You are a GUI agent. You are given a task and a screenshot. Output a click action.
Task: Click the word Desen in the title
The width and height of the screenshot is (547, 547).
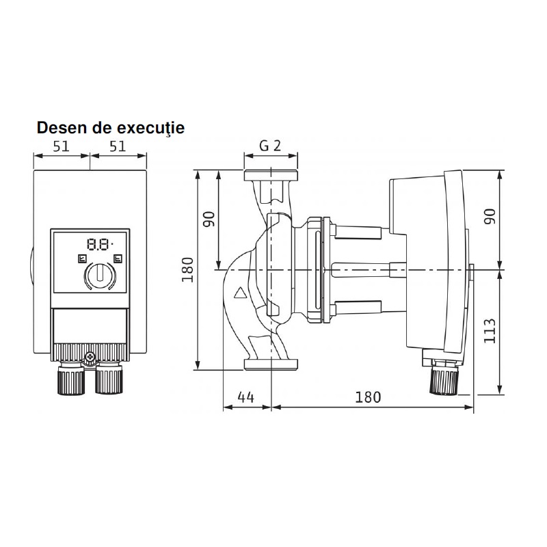[x=62, y=128]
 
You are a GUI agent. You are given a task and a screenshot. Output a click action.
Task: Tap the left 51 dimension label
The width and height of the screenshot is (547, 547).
[x=62, y=146]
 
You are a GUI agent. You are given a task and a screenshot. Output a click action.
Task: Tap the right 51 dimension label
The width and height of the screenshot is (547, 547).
[x=118, y=146]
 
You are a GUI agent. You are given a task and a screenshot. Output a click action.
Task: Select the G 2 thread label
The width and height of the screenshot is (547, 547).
[x=270, y=146]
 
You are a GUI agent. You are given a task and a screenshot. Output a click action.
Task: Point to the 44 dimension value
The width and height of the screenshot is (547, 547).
[x=246, y=397]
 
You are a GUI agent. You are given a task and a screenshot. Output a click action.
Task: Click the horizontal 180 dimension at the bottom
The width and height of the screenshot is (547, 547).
[x=368, y=397]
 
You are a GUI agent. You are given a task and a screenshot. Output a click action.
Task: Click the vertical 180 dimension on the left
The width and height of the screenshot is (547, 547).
[x=187, y=269]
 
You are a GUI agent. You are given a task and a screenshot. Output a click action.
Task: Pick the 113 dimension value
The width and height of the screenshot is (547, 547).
[x=490, y=331]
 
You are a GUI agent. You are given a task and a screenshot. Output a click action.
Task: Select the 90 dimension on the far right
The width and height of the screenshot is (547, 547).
[x=490, y=216]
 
